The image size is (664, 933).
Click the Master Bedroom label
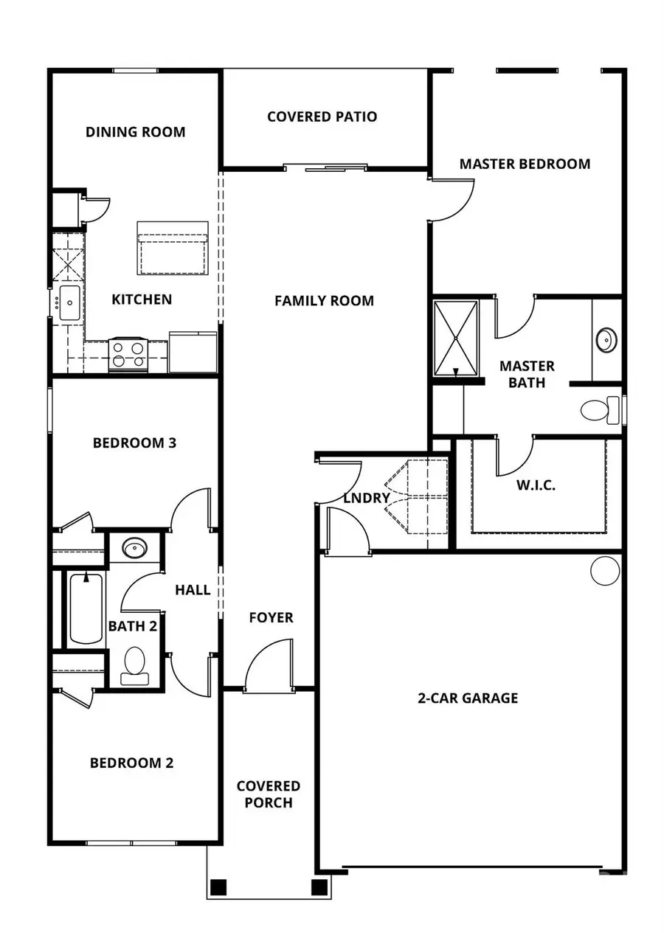(x=525, y=164)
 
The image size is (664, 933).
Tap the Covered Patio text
(x=322, y=117)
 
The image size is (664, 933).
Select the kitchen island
(x=173, y=247)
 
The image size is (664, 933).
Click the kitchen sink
(x=69, y=303)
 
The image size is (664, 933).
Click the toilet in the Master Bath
(x=599, y=409)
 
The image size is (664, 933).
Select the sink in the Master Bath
(x=606, y=340)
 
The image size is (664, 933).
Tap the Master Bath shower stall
(x=455, y=339)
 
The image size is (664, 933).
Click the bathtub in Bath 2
(x=86, y=609)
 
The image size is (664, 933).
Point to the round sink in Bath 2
(x=134, y=549)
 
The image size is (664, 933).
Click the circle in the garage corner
(x=605, y=570)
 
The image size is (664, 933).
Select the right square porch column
(x=319, y=887)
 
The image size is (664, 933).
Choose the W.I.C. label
(x=536, y=485)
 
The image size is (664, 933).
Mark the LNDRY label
(x=366, y=498)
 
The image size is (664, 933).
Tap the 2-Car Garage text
(x=468, y=698)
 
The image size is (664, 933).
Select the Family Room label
(x=324, y=301)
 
